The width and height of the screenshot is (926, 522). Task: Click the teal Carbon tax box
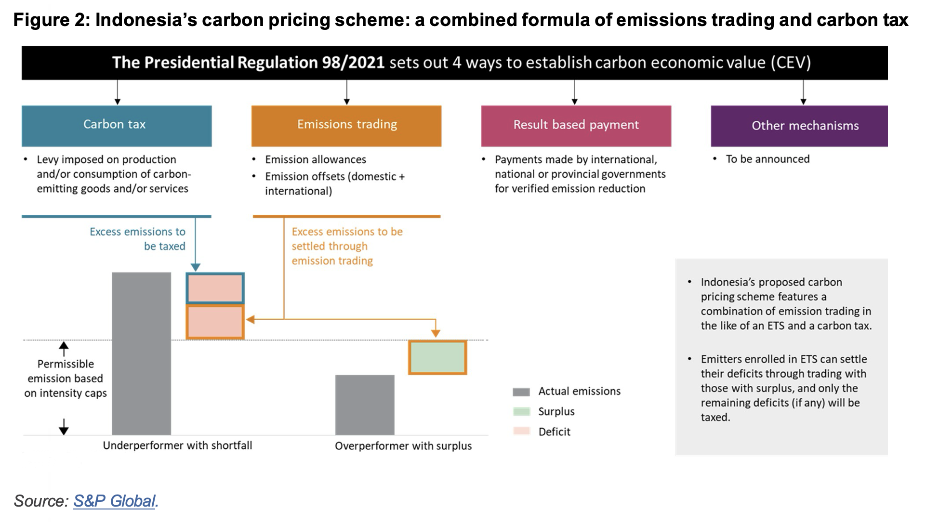[x=117, y=126]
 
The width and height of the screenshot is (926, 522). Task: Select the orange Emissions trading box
[x=346, y=126]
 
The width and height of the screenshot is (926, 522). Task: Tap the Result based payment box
[x=576, y=126]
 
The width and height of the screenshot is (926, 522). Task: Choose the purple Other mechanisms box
[x=799, y=126]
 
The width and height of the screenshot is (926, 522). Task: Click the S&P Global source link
[x=114, y=501]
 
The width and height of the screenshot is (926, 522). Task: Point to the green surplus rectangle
[x=437, y=357]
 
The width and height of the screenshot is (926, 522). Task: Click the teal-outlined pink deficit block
[x=215, y=288]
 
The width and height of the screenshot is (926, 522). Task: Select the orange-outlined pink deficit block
[x=215, y=322]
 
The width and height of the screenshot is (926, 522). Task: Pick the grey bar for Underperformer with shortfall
[x=141, y=353]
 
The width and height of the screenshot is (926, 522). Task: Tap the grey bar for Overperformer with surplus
[x=365, y=405]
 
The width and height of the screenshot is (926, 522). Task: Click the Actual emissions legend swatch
[x=521, y=392]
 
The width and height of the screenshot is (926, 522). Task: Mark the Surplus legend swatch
[x=521, y=412]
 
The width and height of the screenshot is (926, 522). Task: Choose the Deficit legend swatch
[x=521, y=431]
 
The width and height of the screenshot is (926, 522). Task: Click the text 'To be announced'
[x=767, y=159]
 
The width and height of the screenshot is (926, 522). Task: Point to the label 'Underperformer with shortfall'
[x=177, y=445]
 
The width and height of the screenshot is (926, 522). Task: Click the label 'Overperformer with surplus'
[x=403, y=446]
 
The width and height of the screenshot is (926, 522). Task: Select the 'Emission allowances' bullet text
[x=316, y=159]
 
